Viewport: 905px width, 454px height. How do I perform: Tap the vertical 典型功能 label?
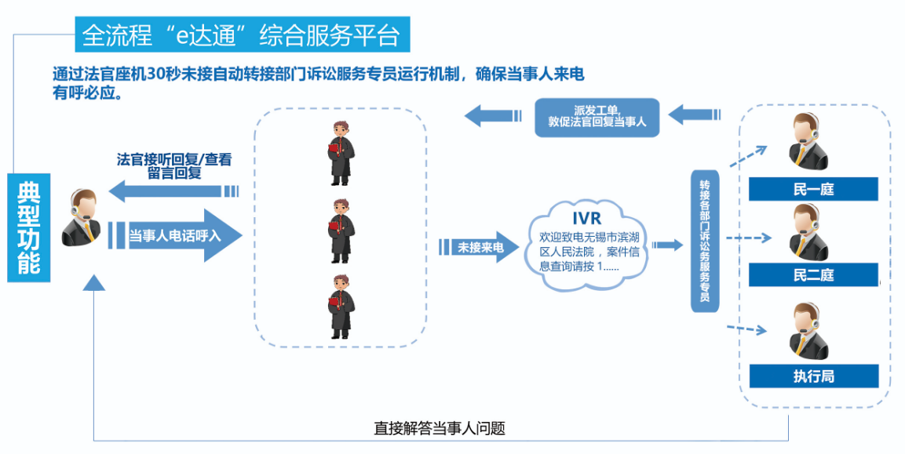[28, 227]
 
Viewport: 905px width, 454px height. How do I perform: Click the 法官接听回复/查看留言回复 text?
[174, 165]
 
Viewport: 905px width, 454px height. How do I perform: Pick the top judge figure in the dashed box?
[339, 153]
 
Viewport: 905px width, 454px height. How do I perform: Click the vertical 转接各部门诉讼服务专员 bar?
[705, 241]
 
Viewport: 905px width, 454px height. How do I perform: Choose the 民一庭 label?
[813, 190]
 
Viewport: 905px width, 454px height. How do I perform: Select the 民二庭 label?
[813, 275]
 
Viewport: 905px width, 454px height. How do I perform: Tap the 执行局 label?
[813, 376]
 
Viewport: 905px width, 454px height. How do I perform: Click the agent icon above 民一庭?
[808, 142]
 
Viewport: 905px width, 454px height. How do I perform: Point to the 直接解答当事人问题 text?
[439, 429]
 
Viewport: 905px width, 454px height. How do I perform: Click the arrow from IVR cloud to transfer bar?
[668, 245]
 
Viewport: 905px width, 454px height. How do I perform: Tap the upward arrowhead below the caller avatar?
[94, 283]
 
